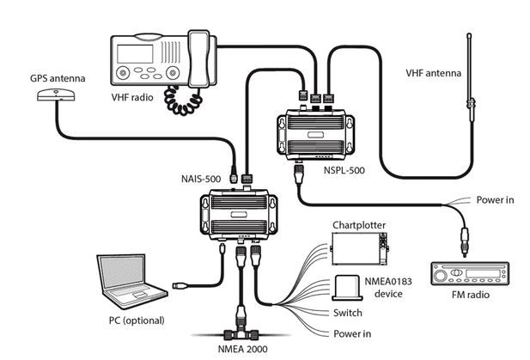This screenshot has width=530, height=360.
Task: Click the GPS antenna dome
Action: tap(56, 95)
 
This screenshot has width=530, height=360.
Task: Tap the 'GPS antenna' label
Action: tap(58, 78)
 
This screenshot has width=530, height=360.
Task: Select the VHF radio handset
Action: tap(198, 59)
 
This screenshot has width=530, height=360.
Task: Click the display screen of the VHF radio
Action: tap(135, 54)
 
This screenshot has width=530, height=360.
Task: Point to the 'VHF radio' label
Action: tap(132, 97)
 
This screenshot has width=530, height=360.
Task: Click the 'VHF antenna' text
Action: tap(433, 73)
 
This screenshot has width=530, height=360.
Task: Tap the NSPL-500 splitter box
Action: tap(315, 134)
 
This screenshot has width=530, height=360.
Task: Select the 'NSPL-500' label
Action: tap(344, 170)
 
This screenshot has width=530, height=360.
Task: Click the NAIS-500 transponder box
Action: tap(239, 213)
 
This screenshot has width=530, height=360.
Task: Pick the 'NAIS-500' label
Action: tap(201, 179)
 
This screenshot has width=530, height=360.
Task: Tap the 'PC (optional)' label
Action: tap(137, 320)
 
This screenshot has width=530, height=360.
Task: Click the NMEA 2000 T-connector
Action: tap(241, 333)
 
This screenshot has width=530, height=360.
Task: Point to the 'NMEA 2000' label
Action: tap(242, 349)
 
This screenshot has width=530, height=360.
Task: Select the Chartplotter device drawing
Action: tap(359, 248)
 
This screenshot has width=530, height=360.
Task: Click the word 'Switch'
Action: tap(348, 313)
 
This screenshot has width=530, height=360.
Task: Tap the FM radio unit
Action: tap(470, 273)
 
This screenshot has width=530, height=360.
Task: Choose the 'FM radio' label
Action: tap(471, 295)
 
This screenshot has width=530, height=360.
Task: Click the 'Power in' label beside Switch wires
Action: tap(352, 333)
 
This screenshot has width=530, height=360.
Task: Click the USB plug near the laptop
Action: tap(180, 285)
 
